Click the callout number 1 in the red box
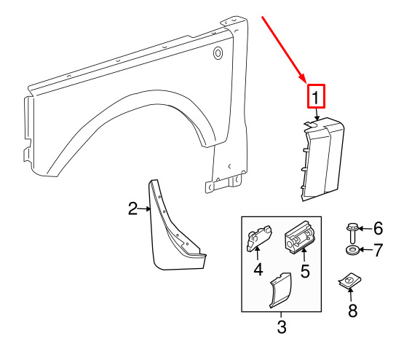[316, 98]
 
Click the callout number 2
[133, 208]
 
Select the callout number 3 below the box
[282, 326]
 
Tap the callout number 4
[258, 270]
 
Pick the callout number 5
[305, 271]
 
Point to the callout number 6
[378, 229]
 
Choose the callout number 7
[378, 250]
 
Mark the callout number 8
[352, 310]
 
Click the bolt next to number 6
[352, 233]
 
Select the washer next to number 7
[352, 250]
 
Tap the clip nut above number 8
[349, 281]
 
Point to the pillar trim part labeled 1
[322, 159]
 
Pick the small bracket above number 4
[258, 238]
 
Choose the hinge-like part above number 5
[299, 237]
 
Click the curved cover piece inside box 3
[280, 290]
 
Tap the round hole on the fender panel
[218, 53]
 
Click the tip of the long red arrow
[306, 82]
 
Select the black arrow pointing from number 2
[145, 208]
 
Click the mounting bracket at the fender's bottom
[223, 184]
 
